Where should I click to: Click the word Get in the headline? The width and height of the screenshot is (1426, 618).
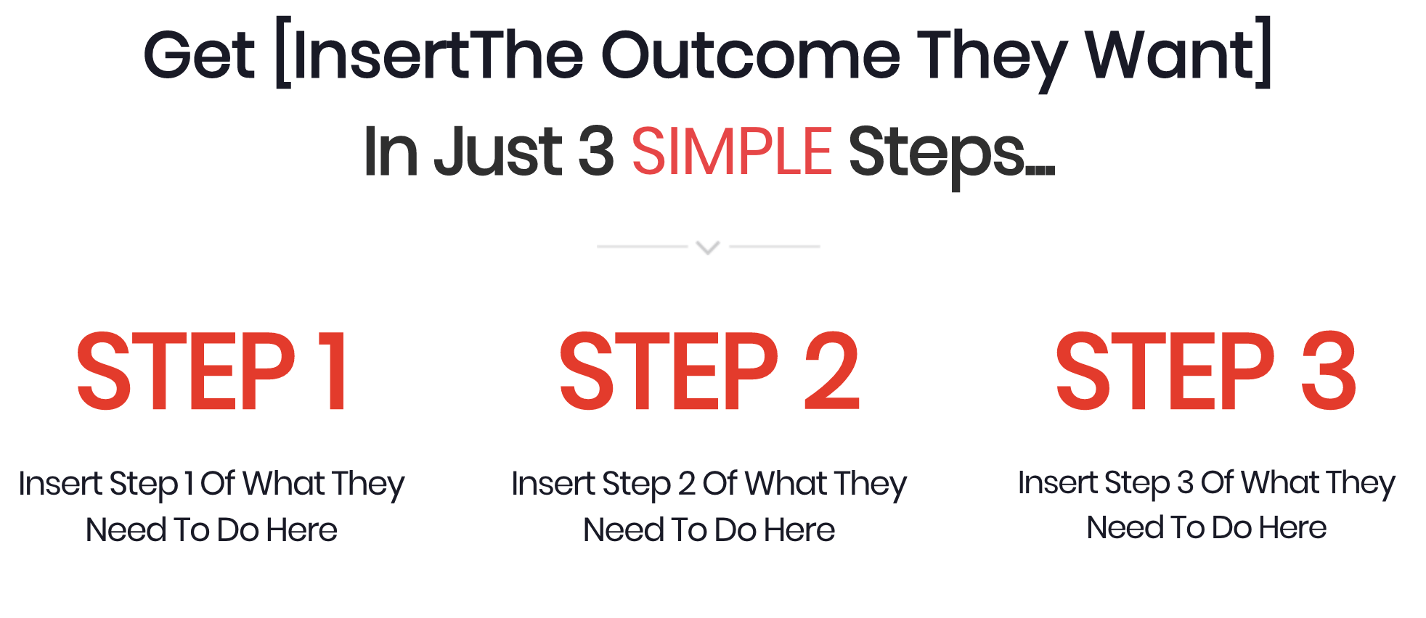pyautogui.click(x=199, y=55)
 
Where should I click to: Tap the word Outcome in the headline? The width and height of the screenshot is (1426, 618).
pyautogui.click(x=751, y=55)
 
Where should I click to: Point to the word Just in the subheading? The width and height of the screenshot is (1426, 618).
pyautogui.click(x=498, y=151)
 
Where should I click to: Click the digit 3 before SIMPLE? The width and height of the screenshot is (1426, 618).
pyautogui.click(x=597, y=151)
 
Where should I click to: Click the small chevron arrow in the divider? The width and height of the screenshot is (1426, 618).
pyautogui.click(x=708, y=248)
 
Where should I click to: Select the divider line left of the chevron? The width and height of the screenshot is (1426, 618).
pyautogui.click(x=642, y=247)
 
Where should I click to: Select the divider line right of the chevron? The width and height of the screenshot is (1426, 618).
pyautogui.click(x=775, y=247)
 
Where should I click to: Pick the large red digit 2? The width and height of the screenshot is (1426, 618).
pyautogui.click(x=832, y=371)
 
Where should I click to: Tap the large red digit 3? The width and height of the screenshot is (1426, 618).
pyautogui.click(x=1329, y=371)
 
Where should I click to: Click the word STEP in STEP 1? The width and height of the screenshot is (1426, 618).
pyautogui.click(x=187, y=371)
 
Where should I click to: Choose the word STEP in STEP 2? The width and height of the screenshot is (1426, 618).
pyautogui.click(x=669, y=371)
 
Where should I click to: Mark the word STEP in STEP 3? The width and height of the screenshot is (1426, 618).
pyautogui.click(x=1165, y=371)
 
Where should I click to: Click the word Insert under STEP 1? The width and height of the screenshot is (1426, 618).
pyautogui.click(x=60, y=484)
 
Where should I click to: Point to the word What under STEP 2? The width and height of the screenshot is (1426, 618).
pyautogui.click(x=786, y=484)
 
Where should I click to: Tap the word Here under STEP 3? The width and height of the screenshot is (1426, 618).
pyautogui.click(x=1292, y=527)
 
